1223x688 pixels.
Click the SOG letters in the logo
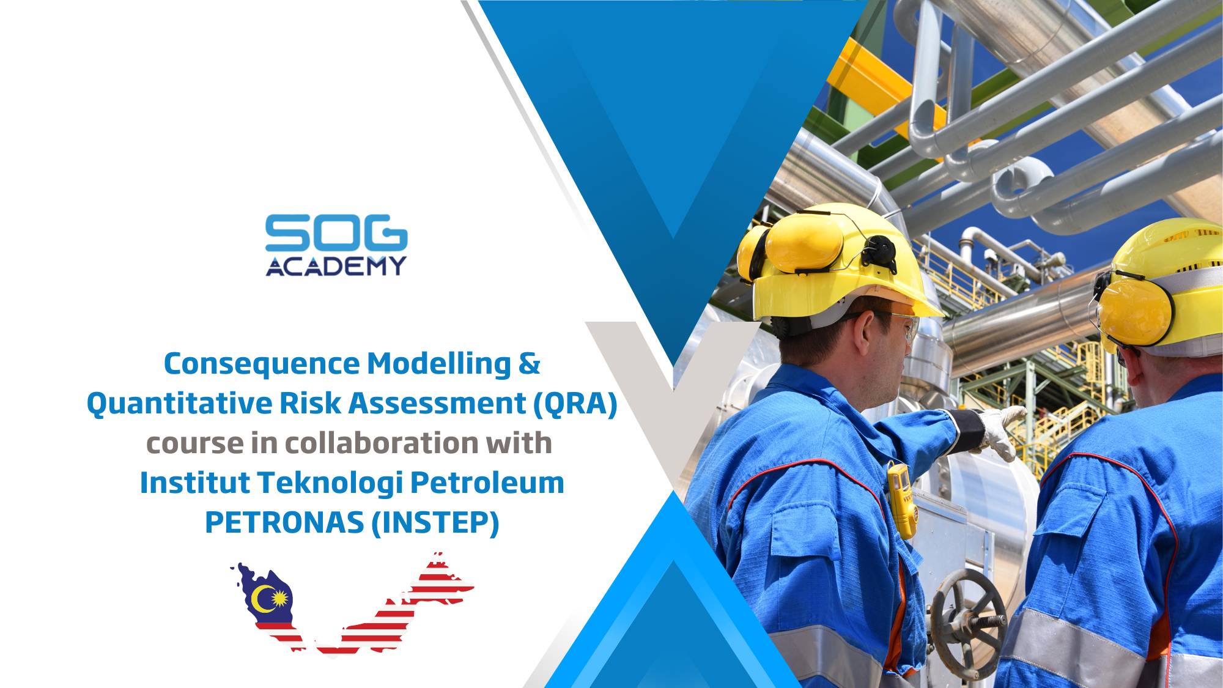(x=336, y=232)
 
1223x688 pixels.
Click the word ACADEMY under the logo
(x=336, y=266)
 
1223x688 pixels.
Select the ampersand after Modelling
(x=529, y=364)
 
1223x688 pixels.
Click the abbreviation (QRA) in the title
(x=575, y=404)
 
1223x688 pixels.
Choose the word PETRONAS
(x=284, y=523)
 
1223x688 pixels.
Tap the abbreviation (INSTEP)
(x=435, y=523)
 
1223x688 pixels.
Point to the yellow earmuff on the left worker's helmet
(x=801, y=245)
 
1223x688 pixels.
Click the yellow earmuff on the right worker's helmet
(x=1134, y=312)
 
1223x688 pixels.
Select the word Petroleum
(x=487, y=483)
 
